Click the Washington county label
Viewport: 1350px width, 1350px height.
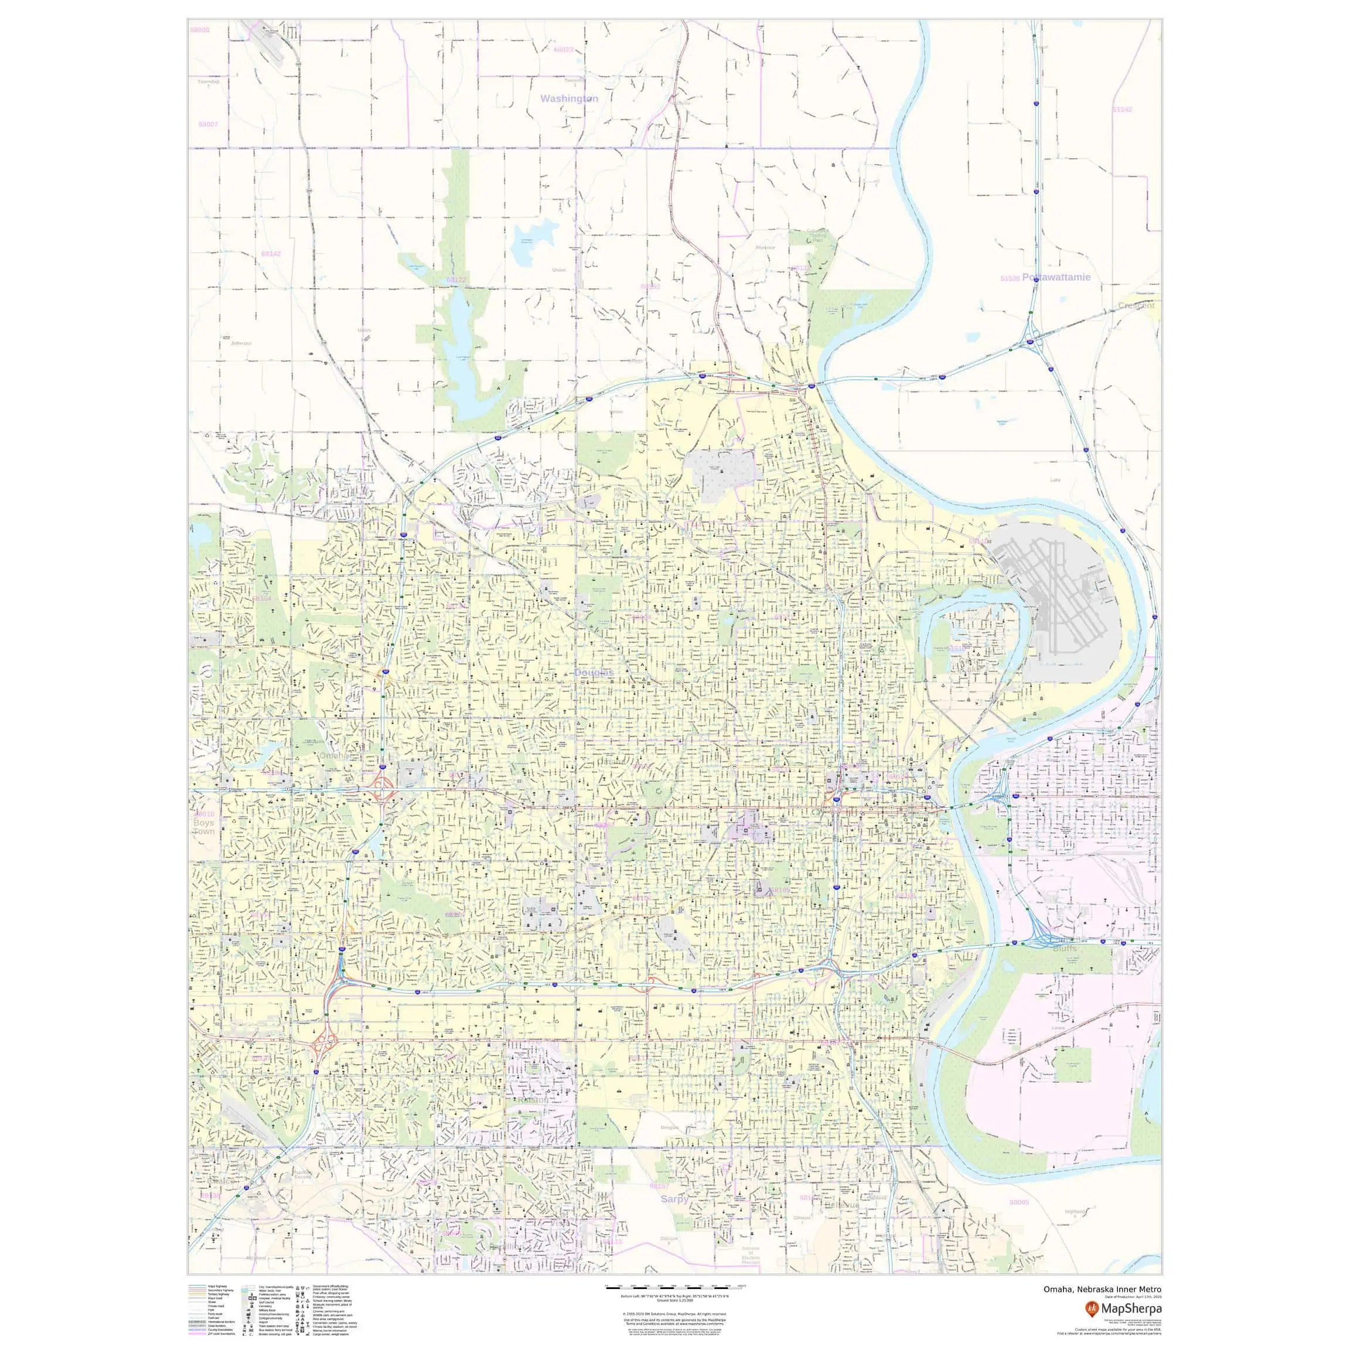point(569,99)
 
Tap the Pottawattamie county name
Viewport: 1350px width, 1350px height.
point(1056,277)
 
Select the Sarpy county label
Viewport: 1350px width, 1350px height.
point(674,1198)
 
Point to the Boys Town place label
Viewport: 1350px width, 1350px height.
point(203,827)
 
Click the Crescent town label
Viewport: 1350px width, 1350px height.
point(1136,305)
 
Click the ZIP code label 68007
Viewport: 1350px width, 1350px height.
point(208,124)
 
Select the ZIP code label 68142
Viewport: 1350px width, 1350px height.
point(271,254)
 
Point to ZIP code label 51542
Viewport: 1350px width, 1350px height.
point(1122,110)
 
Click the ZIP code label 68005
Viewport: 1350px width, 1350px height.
point(1019,1202)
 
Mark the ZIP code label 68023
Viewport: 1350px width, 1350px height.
point(563,50)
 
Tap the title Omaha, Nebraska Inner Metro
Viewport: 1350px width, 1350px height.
point(1103,1289)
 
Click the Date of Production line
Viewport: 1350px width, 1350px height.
point(1133,1297)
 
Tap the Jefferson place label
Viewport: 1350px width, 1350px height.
point(241,343)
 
